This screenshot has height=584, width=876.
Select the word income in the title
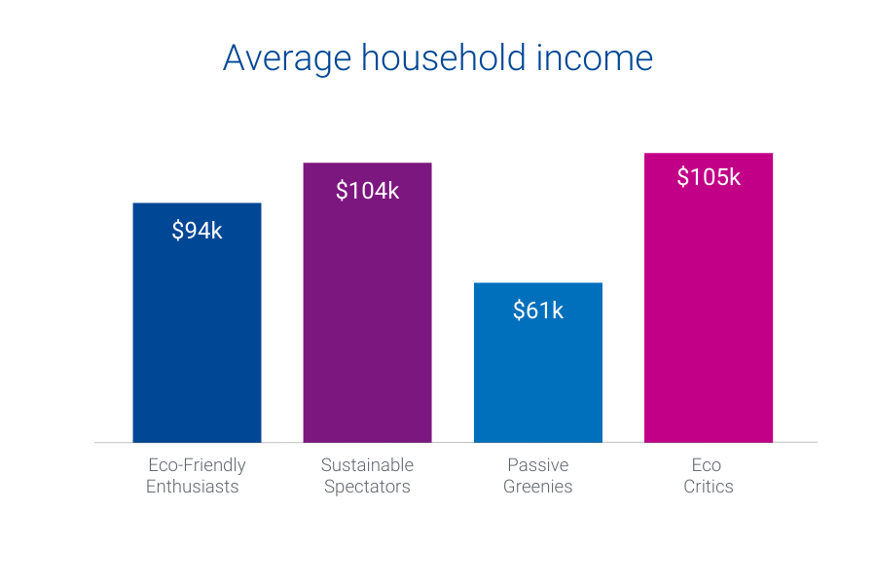pyautogui.click(x=595, y=57)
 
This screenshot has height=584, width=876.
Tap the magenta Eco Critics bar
pyautogui.click(x=708, y=311)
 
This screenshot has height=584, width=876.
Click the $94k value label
pyautogui.click(x=197, y=231)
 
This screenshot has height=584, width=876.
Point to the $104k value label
pyautogui.click(x=367, y=191)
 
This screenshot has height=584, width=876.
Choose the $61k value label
pyautogui.click(x=537, y=310)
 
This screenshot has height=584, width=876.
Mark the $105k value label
pyautogui.click(x=708, y=177)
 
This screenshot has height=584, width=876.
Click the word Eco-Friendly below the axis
pyautogui.click(x=197, y=465)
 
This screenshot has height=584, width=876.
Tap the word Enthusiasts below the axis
pyautogui.click(x=193, y=487)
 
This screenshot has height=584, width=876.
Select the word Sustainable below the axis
pyautogui.click(x=367, y=465)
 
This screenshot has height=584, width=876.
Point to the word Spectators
pyautogui.click(x=367, y=487)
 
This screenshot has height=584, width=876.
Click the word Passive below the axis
pyautogui.click(x=537, y=465)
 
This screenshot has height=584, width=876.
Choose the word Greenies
pyautogui.click(x=537, y=487)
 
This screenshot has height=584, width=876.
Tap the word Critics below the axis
pyautogui.click(x=708, y=487)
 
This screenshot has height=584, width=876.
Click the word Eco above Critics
pyautogui.click(x=707, y=465)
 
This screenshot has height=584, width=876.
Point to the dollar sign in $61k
pyautogui.click(x=519, y=310)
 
